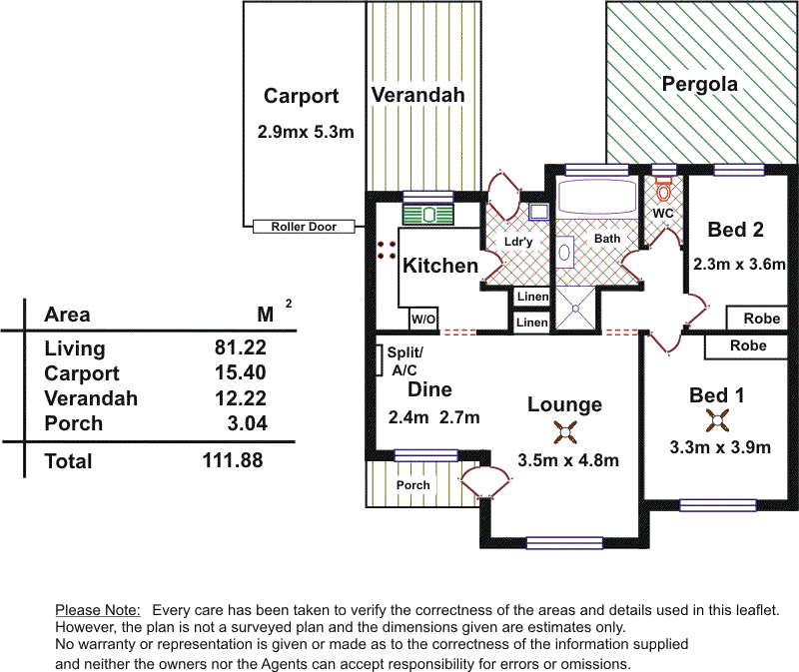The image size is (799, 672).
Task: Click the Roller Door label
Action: (x=304, y=227)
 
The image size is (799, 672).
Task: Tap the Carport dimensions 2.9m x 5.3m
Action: (x=306, y=131)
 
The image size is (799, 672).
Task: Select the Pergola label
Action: (x=700, y=84)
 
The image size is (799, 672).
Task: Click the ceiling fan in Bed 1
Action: (x=716, y=419)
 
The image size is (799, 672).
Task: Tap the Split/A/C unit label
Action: (x=405, y=360)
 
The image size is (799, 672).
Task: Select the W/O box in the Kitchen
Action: (x=422, y=320)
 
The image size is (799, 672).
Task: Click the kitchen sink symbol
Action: (x=428, y=214)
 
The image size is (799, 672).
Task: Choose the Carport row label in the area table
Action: (x=82, y=373)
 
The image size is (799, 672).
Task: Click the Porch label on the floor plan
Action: (x=413, y=485)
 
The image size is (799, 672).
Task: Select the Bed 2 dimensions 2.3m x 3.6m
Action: (x=739, y=265)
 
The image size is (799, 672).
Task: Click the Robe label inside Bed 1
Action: (x=748, y=345)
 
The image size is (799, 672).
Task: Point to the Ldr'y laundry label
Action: (x=516, y=242)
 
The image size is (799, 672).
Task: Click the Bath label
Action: (x=607, y=239)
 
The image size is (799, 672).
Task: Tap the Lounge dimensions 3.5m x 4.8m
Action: (x=568, y=460)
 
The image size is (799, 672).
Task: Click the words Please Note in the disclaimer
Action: (x=98, y=609)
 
